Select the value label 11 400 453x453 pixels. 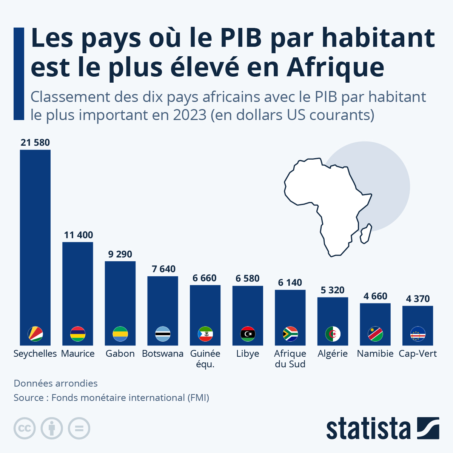78,235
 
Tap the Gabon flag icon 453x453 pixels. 120,334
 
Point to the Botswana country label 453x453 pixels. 163,354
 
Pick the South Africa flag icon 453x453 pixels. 290,334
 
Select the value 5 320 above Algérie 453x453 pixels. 333,290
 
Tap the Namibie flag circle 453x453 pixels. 375,334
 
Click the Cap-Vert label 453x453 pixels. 418,354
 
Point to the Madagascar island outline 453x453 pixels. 366,234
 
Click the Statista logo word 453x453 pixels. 368,429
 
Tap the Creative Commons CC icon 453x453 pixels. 25,428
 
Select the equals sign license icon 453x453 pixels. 79,428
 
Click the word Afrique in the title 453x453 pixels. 335,67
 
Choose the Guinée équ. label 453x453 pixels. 205,359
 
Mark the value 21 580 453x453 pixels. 35,143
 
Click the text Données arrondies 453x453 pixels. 55,383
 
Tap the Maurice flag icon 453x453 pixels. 78,334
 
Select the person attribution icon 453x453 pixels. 52,428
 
